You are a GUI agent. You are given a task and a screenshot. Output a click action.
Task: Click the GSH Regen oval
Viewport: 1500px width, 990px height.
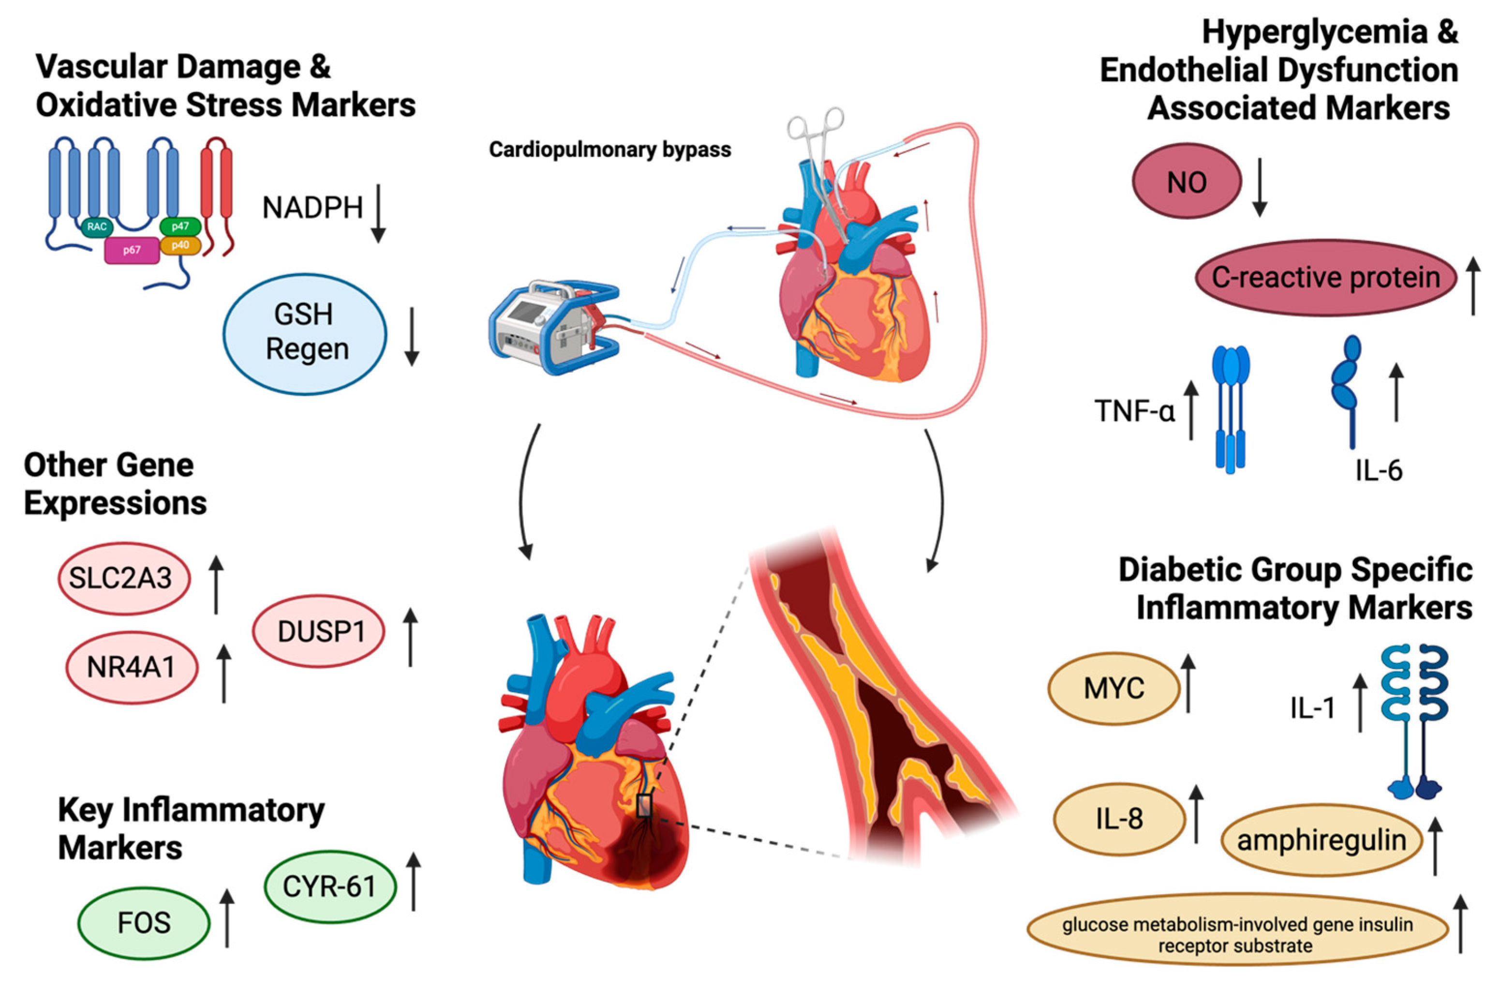(x=305, y=333)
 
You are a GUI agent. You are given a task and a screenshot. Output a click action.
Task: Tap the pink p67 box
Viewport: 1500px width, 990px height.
(x=131, y=250)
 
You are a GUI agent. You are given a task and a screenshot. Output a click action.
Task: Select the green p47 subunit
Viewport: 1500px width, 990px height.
(x=180, y=226)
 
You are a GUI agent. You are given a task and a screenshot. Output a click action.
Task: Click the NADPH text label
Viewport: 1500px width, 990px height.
(x=312, y=208)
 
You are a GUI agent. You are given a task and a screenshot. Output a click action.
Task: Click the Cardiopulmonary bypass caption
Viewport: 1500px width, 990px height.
(x=609, y=150)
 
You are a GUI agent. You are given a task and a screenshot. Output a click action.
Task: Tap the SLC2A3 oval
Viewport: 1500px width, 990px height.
(x=124, y=578)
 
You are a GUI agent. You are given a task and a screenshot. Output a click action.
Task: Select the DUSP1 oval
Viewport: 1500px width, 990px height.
(x=319, y=631)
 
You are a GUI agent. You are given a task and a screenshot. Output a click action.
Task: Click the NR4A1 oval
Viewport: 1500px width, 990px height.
(x=131, y=667)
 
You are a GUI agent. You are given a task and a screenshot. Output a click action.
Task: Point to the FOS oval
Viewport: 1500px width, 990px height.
(x=144, y=923)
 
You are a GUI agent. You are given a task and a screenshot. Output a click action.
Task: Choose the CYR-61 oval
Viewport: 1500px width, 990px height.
(x=329, y=886)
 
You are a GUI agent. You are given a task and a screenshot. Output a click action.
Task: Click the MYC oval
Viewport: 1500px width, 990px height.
(x=1114, y=688)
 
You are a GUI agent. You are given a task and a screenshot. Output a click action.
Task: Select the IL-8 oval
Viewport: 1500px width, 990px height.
(x=1119, y=819)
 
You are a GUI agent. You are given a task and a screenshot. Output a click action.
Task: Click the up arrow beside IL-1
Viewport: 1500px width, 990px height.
(x=1360, y=702)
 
